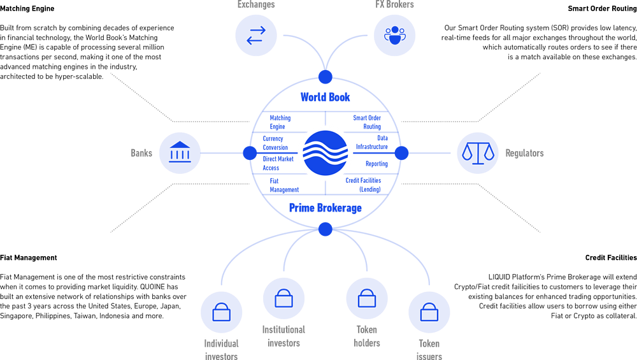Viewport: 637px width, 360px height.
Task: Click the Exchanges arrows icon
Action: [256, 35]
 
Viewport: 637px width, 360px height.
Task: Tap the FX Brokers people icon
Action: [394, 35]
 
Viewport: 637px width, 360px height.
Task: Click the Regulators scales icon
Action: [478, 153]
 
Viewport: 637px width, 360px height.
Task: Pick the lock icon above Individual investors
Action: [222, 312]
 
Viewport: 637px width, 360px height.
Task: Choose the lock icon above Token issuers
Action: [429, 312]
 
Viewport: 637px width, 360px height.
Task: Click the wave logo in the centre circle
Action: [326, 153]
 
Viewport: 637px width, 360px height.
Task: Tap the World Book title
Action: [325, 97]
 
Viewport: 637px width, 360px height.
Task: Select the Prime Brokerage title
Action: [325, 208]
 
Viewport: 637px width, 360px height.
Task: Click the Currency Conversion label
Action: [275, 143]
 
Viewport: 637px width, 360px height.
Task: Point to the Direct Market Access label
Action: [278, 163]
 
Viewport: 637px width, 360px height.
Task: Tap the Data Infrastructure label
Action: [372, 143]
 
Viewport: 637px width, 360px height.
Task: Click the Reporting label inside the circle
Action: [376, 164]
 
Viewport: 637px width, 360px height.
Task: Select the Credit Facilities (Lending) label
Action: [363, 185]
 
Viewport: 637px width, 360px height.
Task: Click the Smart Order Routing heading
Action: [602, 8]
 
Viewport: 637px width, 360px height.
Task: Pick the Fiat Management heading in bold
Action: [29, 257]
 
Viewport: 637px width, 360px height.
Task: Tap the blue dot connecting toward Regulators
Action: [401, 153]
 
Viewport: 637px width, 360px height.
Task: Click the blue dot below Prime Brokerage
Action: [325, 229]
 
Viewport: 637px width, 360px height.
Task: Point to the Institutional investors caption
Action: [283, 336]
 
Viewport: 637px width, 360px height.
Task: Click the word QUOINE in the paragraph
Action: [153, 287]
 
